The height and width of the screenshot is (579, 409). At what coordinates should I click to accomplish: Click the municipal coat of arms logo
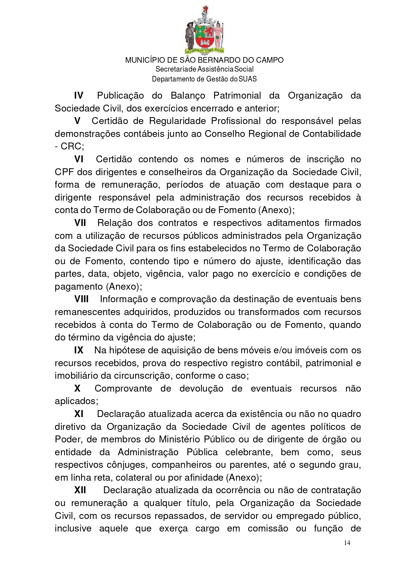(204, 30)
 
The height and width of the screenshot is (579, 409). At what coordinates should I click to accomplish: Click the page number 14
(347, 543)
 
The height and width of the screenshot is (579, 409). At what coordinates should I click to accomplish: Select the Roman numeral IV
(78, 96)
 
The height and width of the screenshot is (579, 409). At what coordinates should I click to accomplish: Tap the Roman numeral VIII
(81, 299)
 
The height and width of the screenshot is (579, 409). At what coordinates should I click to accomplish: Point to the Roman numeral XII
(80, 490)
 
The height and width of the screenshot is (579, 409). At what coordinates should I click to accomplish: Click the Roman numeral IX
(79, 350)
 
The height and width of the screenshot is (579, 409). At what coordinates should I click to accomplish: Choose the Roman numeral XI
(79, 414)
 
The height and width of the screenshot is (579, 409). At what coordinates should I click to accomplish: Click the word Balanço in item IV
(188, 96)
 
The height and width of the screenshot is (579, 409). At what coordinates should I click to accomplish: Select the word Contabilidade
(332, 134)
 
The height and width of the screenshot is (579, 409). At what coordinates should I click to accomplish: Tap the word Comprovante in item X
(123, 388)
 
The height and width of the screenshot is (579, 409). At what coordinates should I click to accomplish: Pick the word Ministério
(180, 439)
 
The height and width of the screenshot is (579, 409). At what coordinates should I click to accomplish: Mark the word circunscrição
(142, 375)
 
